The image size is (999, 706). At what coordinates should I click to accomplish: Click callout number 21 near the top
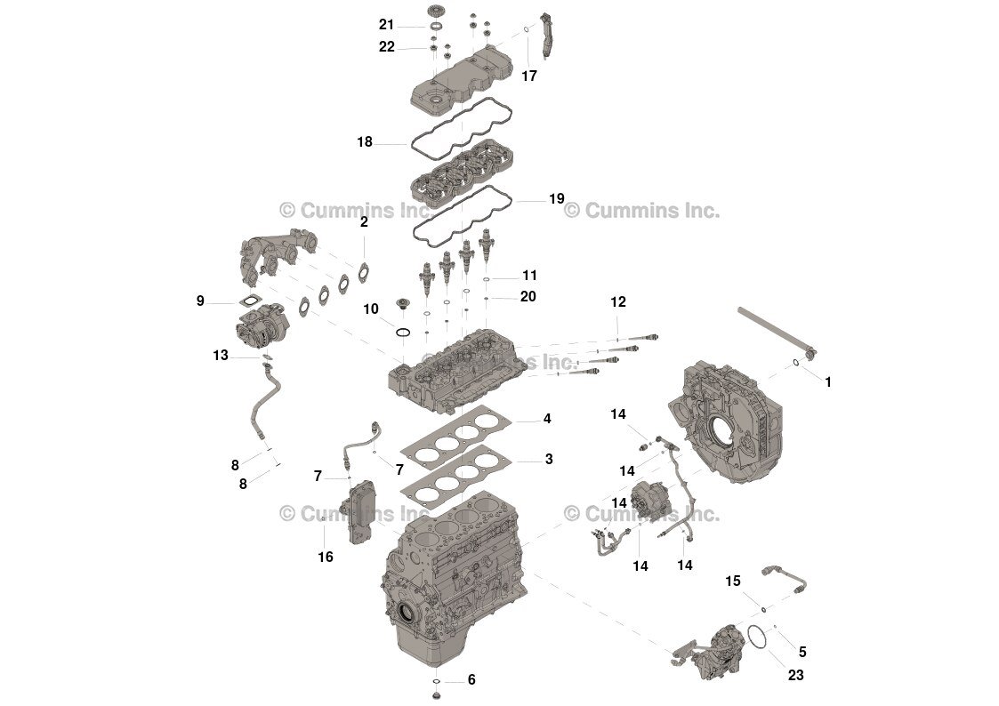tap(386, 25)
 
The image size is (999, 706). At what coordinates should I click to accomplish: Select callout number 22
tap(386, 47)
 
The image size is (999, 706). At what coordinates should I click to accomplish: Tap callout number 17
tap(529, 76)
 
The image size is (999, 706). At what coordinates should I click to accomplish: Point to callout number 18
tap(364, 142)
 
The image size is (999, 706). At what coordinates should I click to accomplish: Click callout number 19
tap(556, 199)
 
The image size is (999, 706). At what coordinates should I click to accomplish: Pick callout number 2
tap(364, 222)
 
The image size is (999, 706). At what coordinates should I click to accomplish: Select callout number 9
tap(200, 301)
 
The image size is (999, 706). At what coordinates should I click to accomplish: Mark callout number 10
tap(371, 309)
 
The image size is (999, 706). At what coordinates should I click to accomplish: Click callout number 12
tap(618, 302)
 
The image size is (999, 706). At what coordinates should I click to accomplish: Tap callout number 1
tap(827, 382)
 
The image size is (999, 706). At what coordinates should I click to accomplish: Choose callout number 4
tap(548, 418)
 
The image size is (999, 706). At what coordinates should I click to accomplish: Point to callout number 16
tap(326, 557)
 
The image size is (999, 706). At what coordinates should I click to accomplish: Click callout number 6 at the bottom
tap(471, 680)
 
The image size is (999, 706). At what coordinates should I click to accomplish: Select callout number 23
tap(795, 675)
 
